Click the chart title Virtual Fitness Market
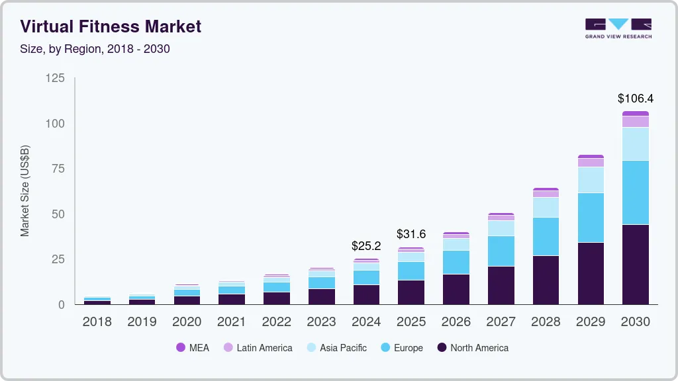coord(111,27)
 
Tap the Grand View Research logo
coord(618,28)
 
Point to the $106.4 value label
coord(635,99)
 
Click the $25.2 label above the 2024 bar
coord(366,246)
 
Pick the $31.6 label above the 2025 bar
coord(411,234)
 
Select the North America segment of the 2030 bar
coord(635,264)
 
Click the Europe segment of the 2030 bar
coord(635,192)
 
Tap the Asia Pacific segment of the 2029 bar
coord(591,179)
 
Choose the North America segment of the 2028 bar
coord(546,280)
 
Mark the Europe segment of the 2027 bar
coord(501,251)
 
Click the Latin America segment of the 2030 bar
coord(635,122)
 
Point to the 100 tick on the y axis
coord(55,124)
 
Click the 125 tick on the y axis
coord(55,78)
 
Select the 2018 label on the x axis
coord(97,322)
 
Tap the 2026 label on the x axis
coord(456,322)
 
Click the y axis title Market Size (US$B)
coord(25,190)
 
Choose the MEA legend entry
coord(193,348)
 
